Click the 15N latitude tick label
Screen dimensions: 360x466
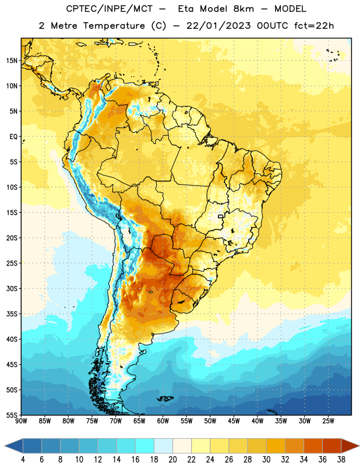[x=12, y=61]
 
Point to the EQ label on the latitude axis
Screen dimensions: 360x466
[x=13, y=137]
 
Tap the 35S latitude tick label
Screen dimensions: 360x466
[x=12, y=314]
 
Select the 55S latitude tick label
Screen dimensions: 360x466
[x=12, y=415]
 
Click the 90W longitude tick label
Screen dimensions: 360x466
[x=21, y=421]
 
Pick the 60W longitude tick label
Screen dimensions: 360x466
[x=163, y=421]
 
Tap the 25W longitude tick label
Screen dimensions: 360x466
[x=328, y=421]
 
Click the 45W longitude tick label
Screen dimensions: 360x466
[x=234, y=421]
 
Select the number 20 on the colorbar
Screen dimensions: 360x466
[x=172, y=460]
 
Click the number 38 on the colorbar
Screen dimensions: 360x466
[x=341, y=460]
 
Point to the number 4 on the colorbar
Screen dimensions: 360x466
[x=23, y=460]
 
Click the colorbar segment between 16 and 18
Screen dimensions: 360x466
[x=145, y=446]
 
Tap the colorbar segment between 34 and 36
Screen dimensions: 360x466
[x=313, y=446]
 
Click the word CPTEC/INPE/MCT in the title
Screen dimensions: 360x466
[x=109, y=9]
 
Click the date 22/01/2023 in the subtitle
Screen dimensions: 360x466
[x=218, y=26]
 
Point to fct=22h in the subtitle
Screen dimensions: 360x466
[x=314, y=26]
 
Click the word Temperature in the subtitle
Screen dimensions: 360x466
[x=114, y=26]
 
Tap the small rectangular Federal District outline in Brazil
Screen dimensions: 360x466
[x=221, y=216]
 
